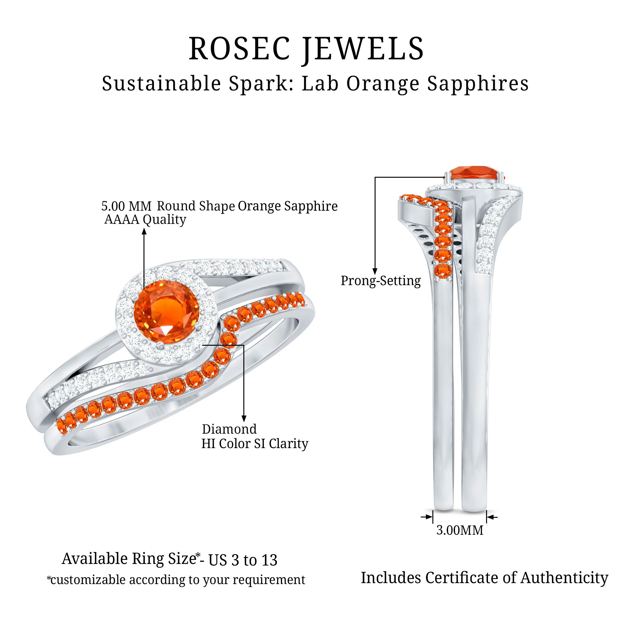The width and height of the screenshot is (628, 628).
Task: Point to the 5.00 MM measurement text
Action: (127, 206)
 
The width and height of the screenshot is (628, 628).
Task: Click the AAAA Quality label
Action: (145, 219)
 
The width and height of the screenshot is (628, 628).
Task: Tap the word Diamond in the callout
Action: (229, 429)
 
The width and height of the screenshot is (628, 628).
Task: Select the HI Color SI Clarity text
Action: (255, 443)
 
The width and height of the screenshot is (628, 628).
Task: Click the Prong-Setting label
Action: (381, 280)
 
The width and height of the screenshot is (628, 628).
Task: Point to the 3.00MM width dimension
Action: (460, 530)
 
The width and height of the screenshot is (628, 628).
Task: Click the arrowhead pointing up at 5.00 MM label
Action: (144, 231)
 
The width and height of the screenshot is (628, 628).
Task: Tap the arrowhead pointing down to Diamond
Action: (244, 419)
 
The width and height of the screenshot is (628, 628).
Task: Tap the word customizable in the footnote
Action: (88, 580)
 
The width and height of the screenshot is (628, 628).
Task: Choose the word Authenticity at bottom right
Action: (564, 578)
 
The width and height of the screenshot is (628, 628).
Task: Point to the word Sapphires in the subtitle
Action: (478, 84)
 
